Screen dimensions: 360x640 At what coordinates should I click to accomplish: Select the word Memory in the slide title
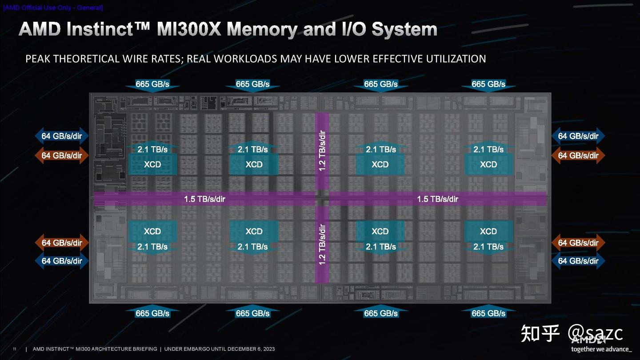pyautogui.click(x=262, y=29)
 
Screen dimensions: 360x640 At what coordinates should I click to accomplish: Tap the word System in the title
pyautogui.click(x=404, y=29)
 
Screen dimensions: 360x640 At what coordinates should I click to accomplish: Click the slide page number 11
pyautogui.click(x=14, y=349)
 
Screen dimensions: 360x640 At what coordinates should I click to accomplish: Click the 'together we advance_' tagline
pyautogui.click(x=600, y=349)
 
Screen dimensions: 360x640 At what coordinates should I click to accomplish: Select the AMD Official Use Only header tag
pyautogui.click(x=52, y=8)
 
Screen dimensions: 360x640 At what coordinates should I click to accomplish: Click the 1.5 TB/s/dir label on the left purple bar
pyautogui.click(x=204, y=199)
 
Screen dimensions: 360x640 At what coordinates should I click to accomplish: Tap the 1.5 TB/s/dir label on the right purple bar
pyautogui.click(x=437, y=199)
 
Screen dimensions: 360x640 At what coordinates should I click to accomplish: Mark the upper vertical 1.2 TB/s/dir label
pyautogui.click(x=322, y=150)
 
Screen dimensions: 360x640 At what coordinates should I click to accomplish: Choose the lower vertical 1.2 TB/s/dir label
pyautogui.click(x=322, y=245)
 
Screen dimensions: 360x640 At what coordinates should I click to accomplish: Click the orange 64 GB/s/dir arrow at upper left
pyautogui.click(x=62, y=156)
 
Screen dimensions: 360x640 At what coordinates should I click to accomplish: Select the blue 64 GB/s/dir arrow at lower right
pyautogui.click(x=578, y=261)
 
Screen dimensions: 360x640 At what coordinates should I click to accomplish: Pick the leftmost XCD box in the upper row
pyautogui.click(x=152, y=164)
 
